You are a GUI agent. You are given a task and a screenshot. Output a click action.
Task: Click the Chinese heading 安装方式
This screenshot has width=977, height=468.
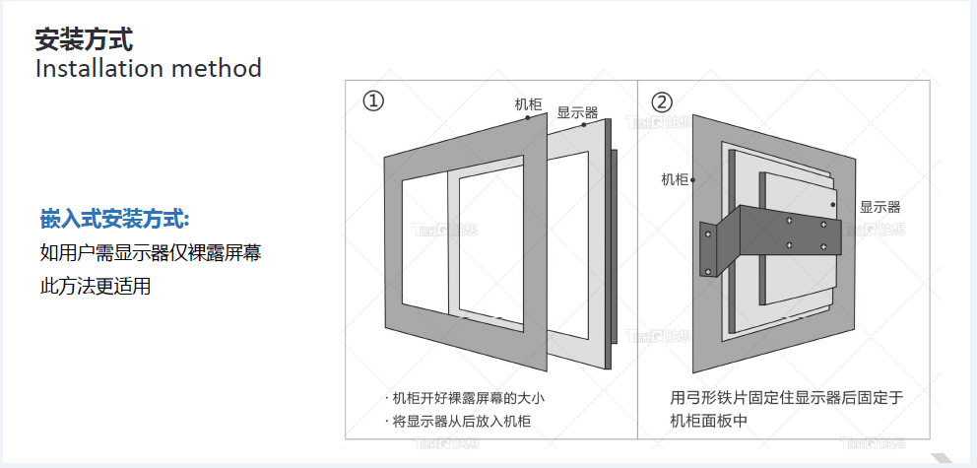[84, 39]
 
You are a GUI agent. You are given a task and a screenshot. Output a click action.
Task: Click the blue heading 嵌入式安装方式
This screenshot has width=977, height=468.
[114, 218]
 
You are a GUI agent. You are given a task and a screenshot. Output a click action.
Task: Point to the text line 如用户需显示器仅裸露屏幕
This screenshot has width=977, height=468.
[150, 253]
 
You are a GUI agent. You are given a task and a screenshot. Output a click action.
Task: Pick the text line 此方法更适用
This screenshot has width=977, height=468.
[95, 288]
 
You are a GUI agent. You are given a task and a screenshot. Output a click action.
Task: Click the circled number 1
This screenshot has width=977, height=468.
[373, 101]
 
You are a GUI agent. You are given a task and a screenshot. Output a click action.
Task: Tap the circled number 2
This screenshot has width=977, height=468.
[662, 101]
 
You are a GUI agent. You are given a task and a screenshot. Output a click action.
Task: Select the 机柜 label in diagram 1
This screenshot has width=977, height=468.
[528, 103]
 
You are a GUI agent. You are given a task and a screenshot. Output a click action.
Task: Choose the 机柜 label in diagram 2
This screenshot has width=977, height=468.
[675, 179]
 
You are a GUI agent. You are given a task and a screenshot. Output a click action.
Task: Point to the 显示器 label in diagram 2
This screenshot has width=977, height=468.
[879, 207]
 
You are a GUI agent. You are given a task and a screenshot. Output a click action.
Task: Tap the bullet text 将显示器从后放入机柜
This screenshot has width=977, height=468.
[458, 422]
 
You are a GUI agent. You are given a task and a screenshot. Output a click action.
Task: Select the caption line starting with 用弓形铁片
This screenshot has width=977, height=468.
[785, 399]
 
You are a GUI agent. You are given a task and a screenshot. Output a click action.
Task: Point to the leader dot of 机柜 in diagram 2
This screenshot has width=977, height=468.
[694, 180]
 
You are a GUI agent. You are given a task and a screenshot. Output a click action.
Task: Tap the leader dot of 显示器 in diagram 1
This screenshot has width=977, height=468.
[583, 125]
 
